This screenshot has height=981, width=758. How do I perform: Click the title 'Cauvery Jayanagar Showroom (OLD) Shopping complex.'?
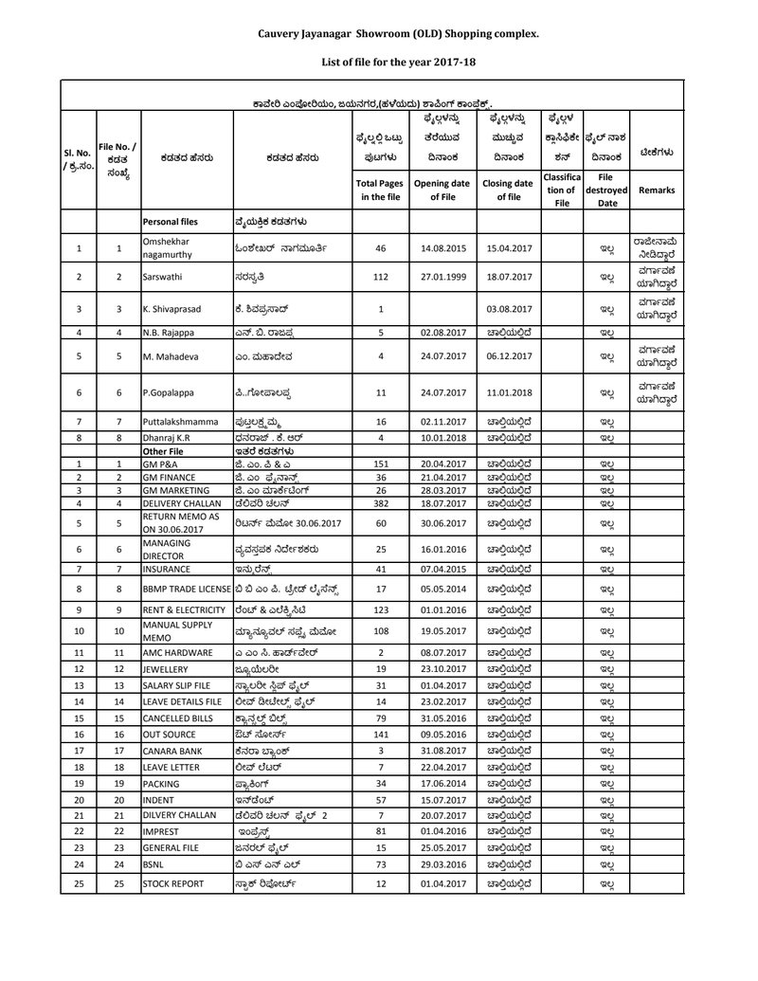(x=398, y=33)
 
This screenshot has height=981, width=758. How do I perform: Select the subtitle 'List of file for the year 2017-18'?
(x=398, y=62)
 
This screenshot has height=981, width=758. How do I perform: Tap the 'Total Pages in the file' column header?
(x=381, y=190)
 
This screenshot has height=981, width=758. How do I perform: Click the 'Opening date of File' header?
(x=442, y=190)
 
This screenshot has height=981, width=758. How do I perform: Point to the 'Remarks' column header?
(x=657, y=190)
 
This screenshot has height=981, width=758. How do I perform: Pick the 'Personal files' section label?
(x=171, y=222)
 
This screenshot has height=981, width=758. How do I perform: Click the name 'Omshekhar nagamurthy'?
(x=171, y=248)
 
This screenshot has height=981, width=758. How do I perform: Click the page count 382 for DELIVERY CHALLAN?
(x=381, y=503)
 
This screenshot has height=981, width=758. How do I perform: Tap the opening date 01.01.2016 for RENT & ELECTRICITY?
(x=442, y=609)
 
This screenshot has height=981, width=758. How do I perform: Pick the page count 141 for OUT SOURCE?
(x=381, y=733)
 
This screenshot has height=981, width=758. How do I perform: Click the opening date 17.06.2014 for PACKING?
(x=442, y=784)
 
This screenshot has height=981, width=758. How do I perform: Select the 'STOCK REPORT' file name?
(x=174, y=883)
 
